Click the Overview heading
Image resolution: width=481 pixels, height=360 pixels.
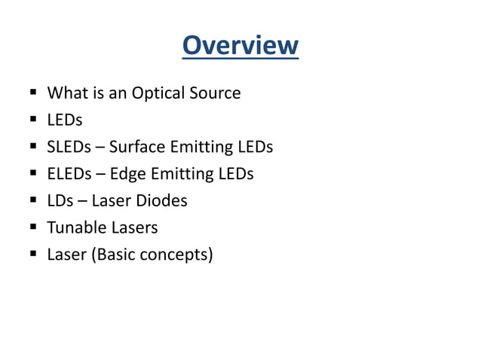pyautogui.click(x=240, y=45)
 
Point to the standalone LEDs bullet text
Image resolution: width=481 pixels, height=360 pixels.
pyautogui.click(x=64, y=120)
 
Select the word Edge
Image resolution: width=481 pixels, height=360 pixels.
pyautogui.click(x=127, y=175)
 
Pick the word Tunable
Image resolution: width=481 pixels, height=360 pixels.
pyautogui.click(x=75, y=227)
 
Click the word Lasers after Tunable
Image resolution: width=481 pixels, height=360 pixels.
pyautogui.click(x=133, y=227)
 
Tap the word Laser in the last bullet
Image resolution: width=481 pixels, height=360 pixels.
pyautogui.click(x=66, y=255)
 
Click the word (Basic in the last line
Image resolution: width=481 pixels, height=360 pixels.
pyautogui.click(x=115, y=255)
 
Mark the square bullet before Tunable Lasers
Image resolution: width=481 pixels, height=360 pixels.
pyautogui.click(x=34, y=227)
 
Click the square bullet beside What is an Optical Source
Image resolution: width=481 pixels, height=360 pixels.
pyautogui.click(x=34, y=93)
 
